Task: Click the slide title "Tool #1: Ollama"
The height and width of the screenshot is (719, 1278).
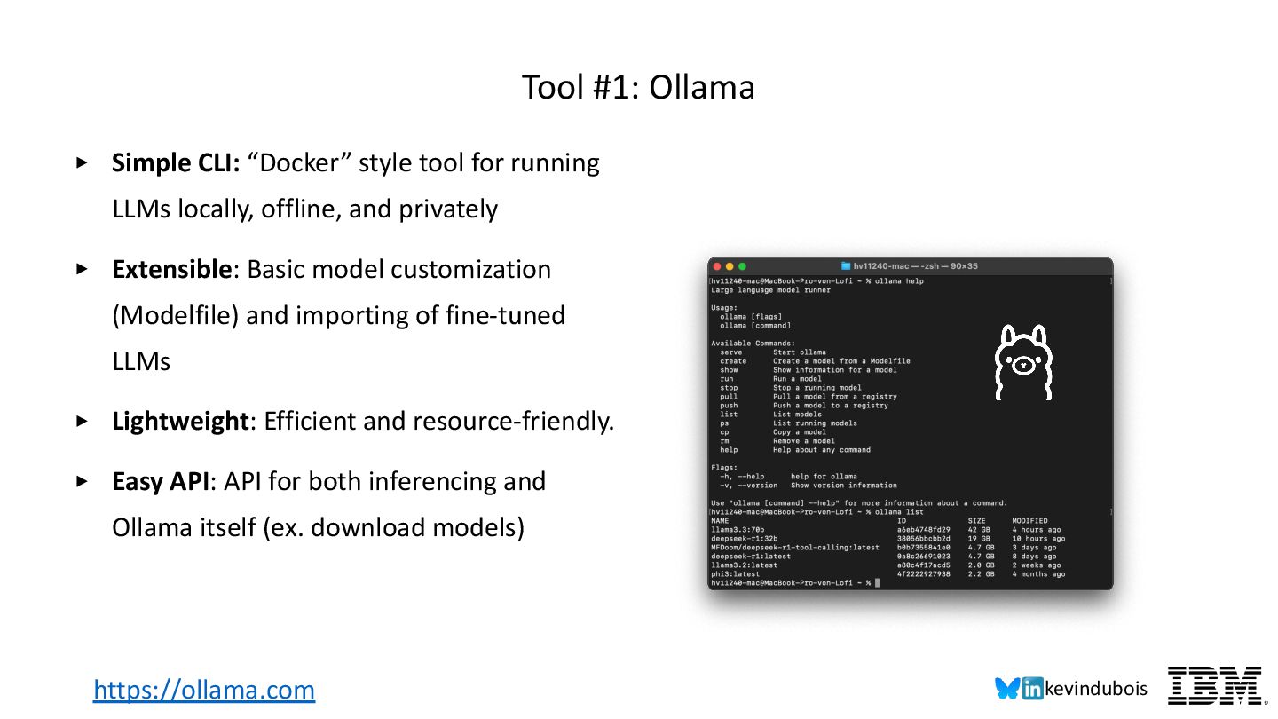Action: coord(638,88)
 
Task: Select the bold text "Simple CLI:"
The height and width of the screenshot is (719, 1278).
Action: coord(176,163)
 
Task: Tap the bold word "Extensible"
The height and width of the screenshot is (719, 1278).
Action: coord(171,270)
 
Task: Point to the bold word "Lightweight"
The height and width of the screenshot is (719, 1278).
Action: coord(181,422)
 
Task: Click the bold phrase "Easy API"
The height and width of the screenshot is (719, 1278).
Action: coord(162,482)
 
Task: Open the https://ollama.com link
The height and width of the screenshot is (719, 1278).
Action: coord(204,690)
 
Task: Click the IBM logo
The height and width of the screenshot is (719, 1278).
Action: coord(1214,685)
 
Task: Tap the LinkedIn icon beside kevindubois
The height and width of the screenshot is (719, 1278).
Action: coord(1032,689)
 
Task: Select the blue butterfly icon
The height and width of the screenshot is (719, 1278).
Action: coord(1007,689)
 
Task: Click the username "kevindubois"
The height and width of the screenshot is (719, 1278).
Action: coord(1096,689)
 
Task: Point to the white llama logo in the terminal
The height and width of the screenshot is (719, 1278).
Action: coord(1022,363)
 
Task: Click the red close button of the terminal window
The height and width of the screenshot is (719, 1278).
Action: coord(717,266)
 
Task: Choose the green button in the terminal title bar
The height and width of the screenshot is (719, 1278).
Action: coord(743,266)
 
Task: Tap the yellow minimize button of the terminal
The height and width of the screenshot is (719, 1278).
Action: coord(730,266)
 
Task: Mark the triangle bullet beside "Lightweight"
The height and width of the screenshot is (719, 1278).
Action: coord(83,422)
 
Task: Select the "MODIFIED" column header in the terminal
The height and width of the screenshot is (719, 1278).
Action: coord(1029,521)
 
